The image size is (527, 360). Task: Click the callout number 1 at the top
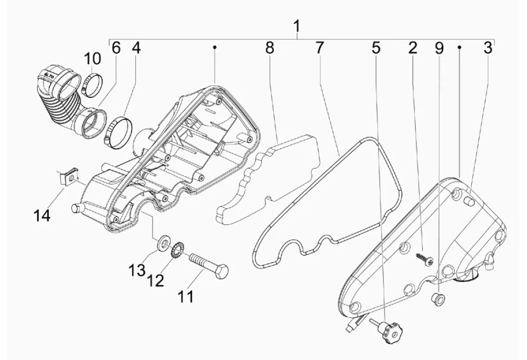(297, 26)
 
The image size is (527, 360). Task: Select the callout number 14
(42, 215)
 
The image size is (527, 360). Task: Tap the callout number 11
(186, 296)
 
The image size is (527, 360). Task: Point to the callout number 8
(270, 48)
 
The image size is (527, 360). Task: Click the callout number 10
(92, 59)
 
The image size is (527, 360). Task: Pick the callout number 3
(488, 48)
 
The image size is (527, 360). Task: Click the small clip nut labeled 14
(67, 177)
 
